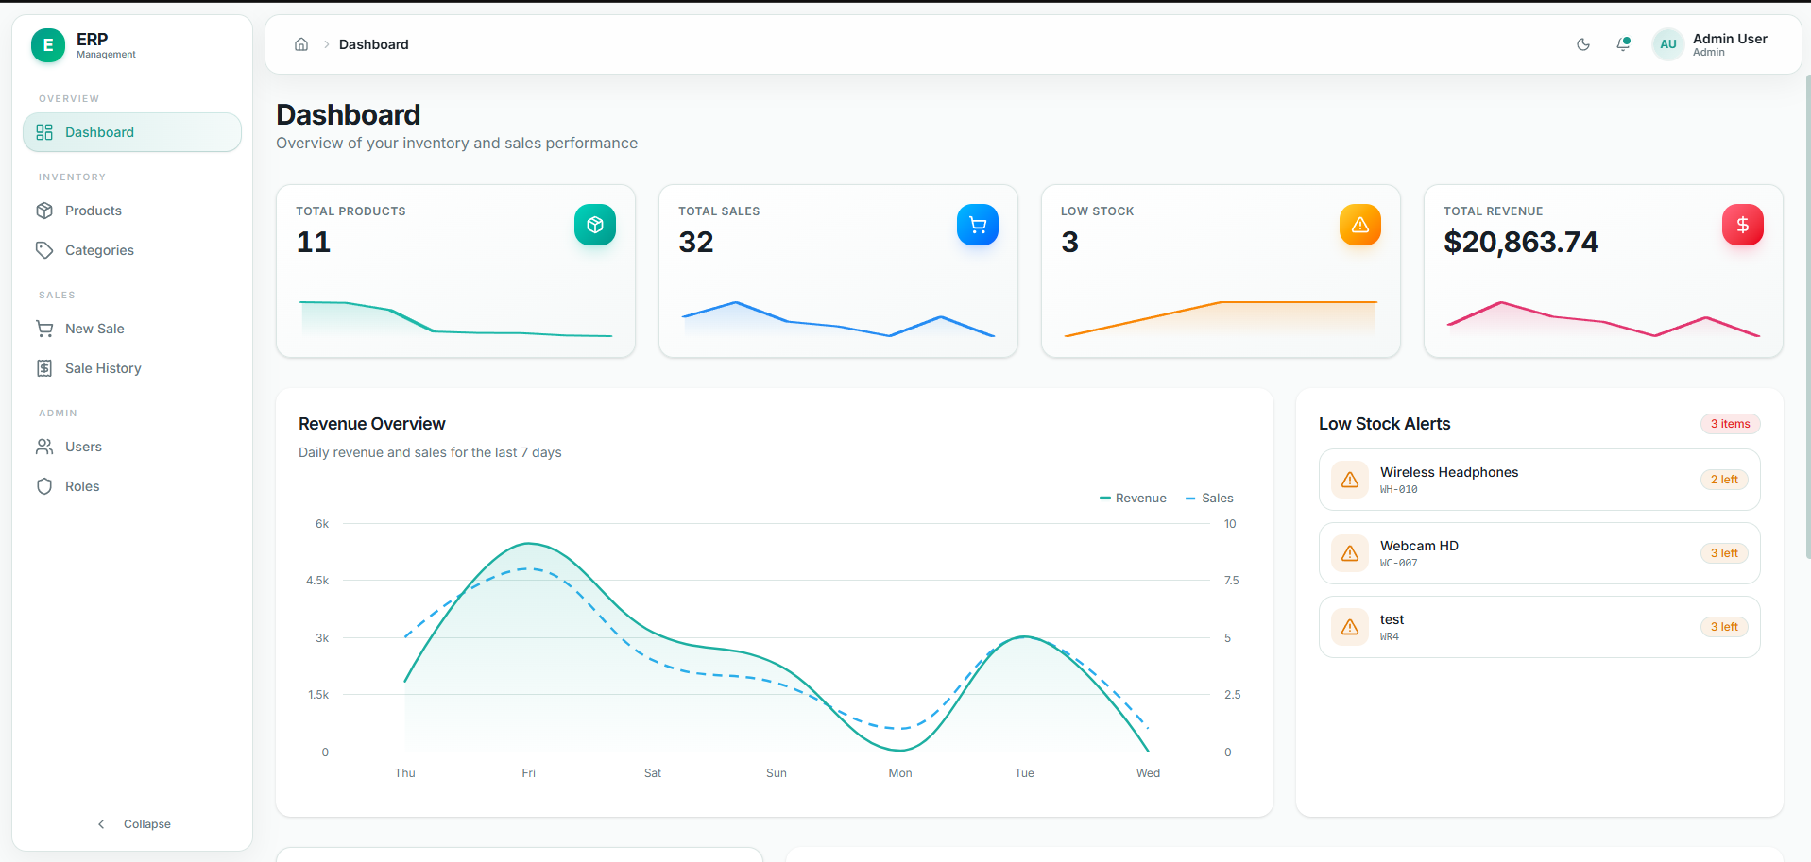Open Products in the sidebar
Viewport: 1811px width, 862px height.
tap(93, 211)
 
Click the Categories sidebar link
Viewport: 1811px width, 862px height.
tap(99, 250)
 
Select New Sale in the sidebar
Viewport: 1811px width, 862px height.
tap(94, 329)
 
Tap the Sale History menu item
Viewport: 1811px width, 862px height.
tap(103, 368)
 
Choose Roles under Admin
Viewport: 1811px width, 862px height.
tap(82, 486)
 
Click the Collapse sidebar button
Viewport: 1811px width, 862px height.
tap(133, 824)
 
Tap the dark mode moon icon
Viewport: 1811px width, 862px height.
tap(1583, 44)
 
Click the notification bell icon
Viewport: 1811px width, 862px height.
tap(1623, 44)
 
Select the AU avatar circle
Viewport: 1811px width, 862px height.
tap(1668, 44)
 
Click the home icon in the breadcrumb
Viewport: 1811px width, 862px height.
tap(301, 44)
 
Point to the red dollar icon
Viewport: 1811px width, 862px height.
tap(1742, 225)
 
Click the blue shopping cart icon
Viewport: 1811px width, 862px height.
tap(978, 225)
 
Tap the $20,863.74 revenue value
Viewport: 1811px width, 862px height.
tap(1521, 243)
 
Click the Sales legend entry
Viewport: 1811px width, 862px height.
tap(1209, 499)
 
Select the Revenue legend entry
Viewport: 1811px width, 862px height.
tap(1133, 499)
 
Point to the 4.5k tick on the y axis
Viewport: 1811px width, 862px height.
tap(317, 581)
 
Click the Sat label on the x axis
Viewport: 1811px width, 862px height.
tap(653, 773)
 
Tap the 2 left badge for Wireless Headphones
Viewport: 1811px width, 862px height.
tap(1724, 480)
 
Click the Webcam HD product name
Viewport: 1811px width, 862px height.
tap(1419, 546)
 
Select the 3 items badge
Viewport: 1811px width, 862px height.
tap(1730, 424)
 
